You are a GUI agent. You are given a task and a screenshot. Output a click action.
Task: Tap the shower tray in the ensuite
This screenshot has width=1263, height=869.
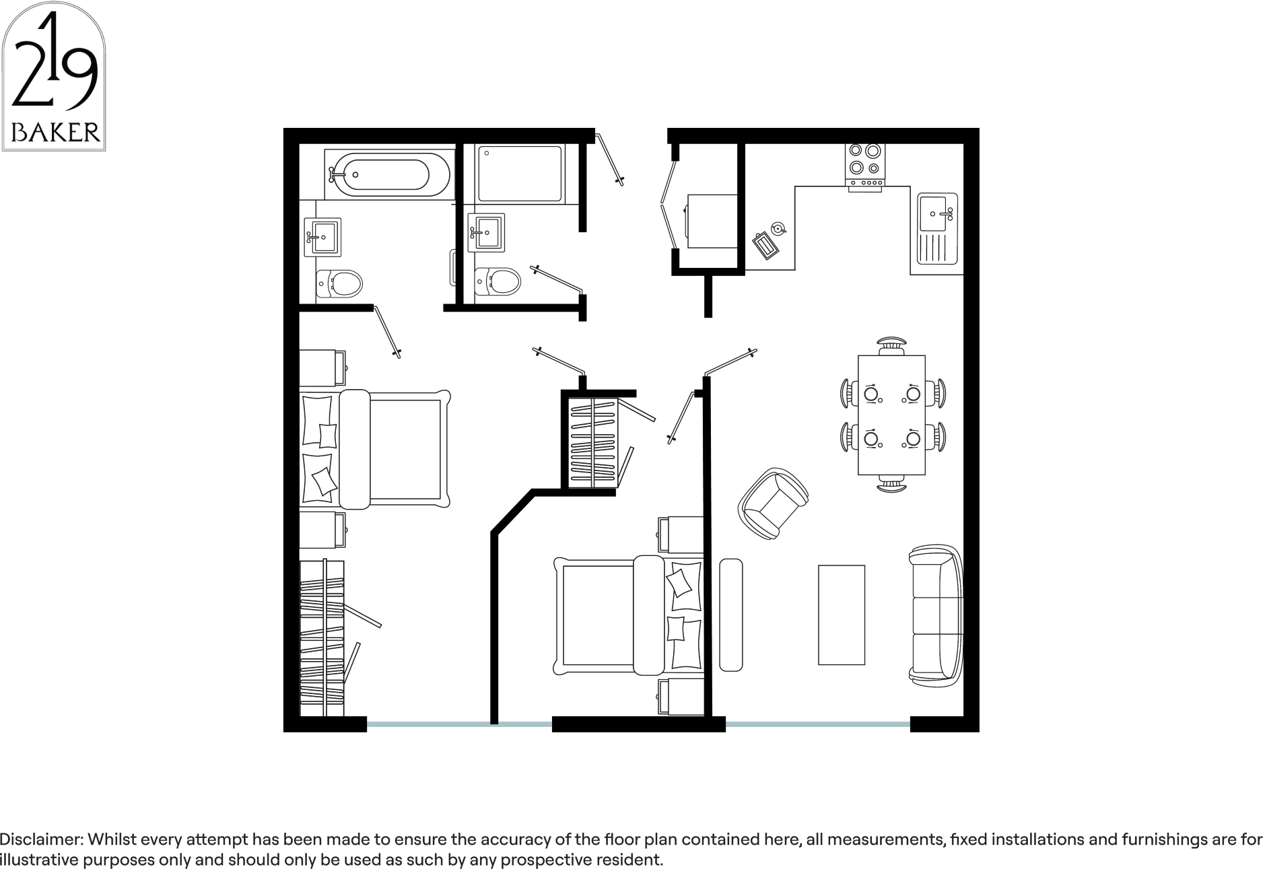point(520,174)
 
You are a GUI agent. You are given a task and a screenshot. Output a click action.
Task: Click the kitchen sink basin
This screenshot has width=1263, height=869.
point(936,213)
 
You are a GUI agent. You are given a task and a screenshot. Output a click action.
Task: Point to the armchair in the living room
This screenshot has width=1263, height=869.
point(774,503)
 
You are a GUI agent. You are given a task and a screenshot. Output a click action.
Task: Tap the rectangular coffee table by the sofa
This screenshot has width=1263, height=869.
point(842,615)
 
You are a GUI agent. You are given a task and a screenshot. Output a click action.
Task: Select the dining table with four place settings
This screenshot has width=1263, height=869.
point(891,415)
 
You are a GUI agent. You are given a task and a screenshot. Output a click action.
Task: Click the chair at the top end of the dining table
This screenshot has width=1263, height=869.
point(891,344)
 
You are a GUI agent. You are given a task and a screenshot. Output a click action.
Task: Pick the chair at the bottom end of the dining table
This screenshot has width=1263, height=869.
point(891,484)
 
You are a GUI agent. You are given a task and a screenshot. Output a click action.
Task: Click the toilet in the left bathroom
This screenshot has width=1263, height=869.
point(339,283)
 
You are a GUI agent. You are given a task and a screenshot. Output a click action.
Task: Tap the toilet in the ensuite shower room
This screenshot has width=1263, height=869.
point(498,281)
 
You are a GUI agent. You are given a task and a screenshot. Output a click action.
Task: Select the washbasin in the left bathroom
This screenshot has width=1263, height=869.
point(322,236)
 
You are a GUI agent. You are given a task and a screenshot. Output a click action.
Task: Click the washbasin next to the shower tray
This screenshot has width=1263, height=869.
point(487,232)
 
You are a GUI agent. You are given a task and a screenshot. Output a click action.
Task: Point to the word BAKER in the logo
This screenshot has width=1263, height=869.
point(56,132)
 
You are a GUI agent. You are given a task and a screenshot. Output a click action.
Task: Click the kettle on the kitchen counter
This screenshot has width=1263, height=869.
point(778,228)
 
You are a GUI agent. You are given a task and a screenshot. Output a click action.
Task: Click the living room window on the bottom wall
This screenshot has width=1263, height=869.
point(818,724)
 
